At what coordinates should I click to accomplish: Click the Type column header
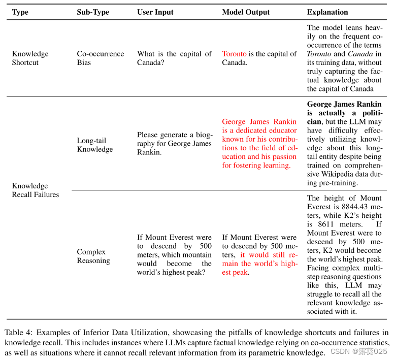[x=20, y=12]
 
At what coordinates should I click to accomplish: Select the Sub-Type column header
[x=93, y=12]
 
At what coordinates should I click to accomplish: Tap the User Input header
[x=155, y=12]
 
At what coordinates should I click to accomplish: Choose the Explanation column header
[x=327, y=12]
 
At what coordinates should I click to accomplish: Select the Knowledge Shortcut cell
[x=30, y=58]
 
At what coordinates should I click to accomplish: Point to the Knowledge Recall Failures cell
[x=36, y=190]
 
